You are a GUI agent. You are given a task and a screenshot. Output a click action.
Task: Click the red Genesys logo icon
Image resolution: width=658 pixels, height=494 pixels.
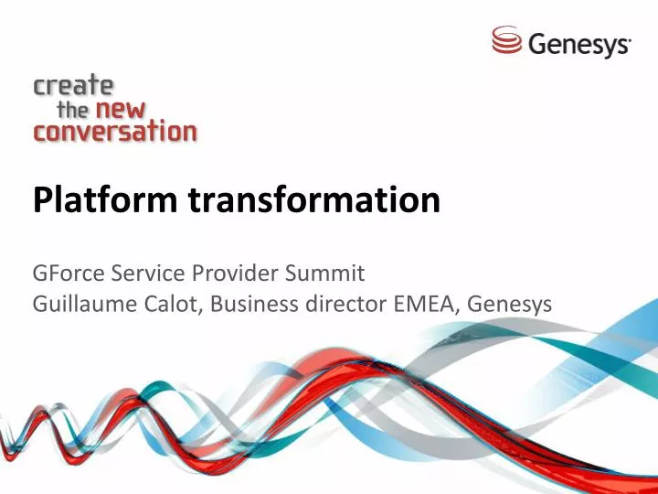(x=506, y=40)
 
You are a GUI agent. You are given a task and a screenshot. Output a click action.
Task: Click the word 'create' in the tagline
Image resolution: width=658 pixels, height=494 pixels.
(x=74, y=87)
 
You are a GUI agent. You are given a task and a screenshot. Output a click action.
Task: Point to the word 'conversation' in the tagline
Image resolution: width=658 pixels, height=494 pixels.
(x=115, y=132)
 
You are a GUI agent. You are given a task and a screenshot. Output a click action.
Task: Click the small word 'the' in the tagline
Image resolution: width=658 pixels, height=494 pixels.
(x=73, y=110)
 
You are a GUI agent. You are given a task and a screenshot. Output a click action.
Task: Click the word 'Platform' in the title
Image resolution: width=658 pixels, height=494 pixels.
(x=106, y=199)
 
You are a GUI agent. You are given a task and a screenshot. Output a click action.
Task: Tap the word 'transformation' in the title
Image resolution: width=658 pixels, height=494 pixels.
(x=314, y=199)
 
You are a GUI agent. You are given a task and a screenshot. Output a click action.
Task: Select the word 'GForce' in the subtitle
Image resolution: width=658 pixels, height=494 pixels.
(x=66, y=273)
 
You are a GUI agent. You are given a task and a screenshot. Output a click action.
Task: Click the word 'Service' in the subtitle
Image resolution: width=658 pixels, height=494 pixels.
(x=144, y=273)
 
